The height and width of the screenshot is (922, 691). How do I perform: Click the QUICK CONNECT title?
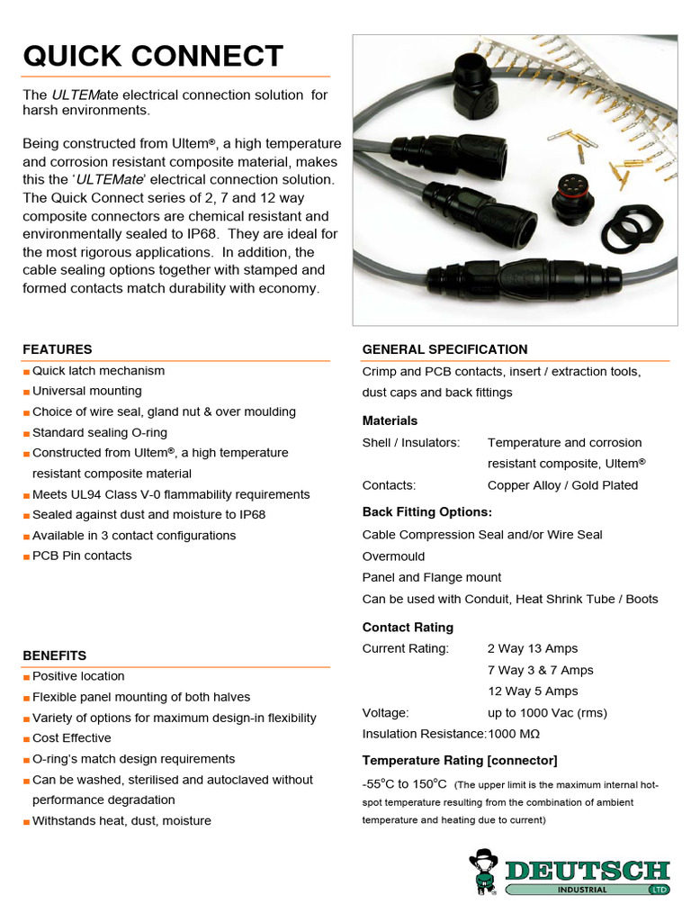coord(152,56)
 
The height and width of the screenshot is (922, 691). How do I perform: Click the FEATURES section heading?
coord(58,349)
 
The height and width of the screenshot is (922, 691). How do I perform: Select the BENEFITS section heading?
coord(55,655)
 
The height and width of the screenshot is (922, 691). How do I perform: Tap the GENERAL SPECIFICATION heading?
coord(444,349)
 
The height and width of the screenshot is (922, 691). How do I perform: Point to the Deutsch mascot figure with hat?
coord(484,872)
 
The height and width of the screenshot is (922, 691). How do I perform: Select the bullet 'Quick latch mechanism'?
coord(98,371)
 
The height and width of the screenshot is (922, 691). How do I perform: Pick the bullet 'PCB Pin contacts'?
coord(82,556)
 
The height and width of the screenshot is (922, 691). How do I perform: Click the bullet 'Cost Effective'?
coord(72,738)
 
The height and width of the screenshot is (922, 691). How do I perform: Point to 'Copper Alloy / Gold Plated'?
coord(562,485)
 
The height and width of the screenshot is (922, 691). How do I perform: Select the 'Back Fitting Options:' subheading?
coord(426,512)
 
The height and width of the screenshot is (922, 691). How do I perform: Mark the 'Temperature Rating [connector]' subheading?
coord(460,760)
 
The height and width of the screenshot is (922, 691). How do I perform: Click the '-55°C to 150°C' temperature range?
coord(405,783)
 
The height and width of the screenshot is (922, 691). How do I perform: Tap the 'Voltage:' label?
coord(385,712)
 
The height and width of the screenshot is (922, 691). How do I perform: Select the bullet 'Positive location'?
coord(78,676)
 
